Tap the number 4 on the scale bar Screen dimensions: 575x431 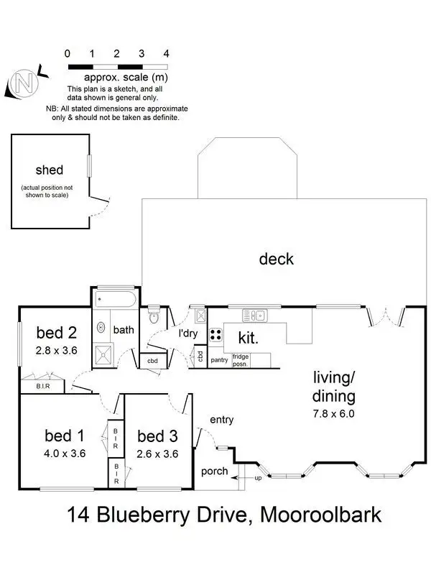click(166, 53)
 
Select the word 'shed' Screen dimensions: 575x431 click(50, 170)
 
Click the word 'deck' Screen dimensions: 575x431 click(277, 259)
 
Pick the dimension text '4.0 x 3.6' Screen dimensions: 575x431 click(65, 454)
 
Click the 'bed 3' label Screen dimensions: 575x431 click(157, 436)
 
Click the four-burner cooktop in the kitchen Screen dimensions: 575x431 click(215, 334)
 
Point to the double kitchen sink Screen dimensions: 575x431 click(254, 314)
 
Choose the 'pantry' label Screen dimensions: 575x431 click(219, 359)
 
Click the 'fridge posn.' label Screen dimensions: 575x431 click(241, 359)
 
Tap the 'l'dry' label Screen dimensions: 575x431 click(188, 333)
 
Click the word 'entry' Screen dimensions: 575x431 click(221, 420)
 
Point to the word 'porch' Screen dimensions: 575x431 click(215, 471)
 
